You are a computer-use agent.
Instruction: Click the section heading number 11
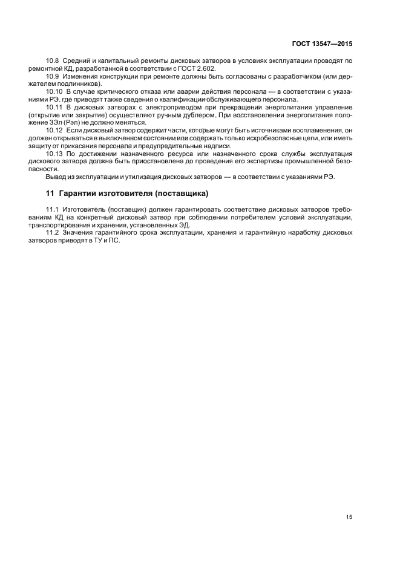[50, 194]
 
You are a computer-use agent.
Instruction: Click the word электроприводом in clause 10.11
[151, 106]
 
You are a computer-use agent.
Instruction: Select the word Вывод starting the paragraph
[57, 177]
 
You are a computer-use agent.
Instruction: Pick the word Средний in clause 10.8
[79, 62]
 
